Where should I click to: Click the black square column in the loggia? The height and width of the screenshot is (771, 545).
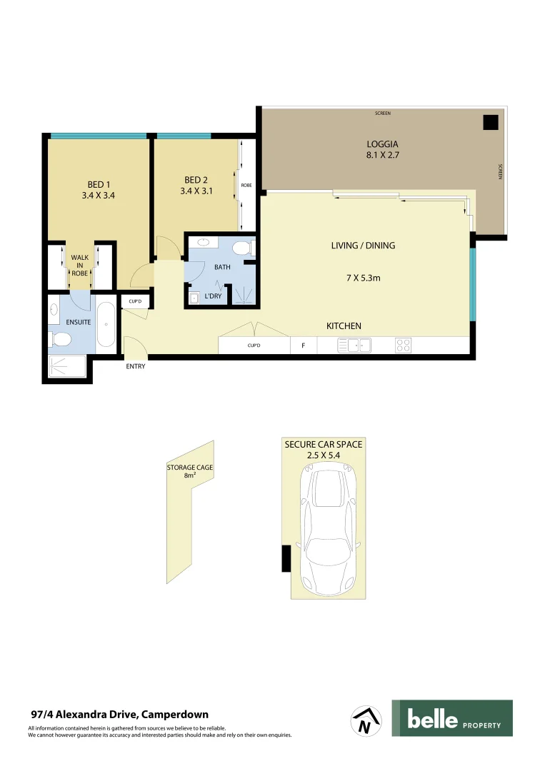[x=490, y=122]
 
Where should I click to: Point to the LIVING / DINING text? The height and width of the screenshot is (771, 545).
[x=363, y=246]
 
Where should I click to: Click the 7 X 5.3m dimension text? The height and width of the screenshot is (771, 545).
[x=363, y=278]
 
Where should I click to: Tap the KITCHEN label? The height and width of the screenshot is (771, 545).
[x=344, y=326]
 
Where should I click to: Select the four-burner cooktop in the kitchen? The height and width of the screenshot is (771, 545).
[x=403, y=346]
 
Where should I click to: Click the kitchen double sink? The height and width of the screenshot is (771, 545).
[x=354, y=346]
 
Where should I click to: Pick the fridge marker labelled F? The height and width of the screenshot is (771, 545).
[x=304, y=346]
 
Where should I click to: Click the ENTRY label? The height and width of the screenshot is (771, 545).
[x=136, y=366]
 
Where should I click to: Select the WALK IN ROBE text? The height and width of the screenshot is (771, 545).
[x=79, y=265]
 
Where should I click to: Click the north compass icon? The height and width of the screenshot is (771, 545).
[x=365, y=720]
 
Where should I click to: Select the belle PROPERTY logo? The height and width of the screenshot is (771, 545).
[x=451, y=718]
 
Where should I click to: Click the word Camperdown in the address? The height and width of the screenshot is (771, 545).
[x=176, y=714]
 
